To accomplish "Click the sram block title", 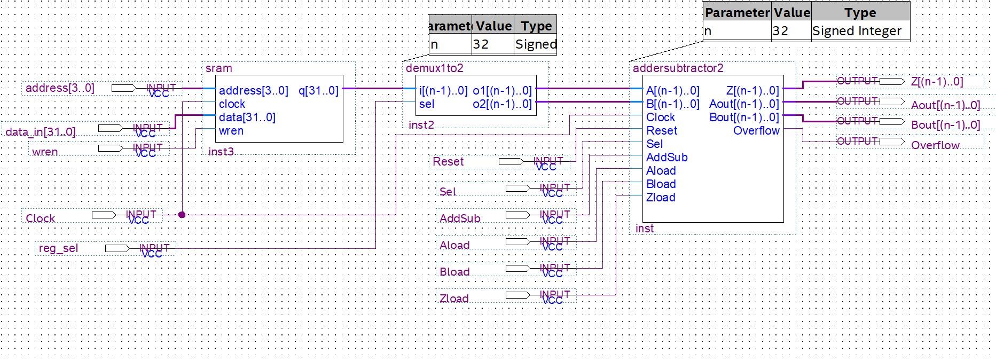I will [219, 68].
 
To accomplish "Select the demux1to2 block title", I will [434, 68].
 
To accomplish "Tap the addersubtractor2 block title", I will [678, 68].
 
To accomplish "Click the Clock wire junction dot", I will [182, 215].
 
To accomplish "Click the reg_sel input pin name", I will [58, 248].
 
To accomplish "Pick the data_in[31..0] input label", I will [41, 132].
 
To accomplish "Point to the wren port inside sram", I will [231, 131].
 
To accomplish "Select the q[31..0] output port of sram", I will [318, 91].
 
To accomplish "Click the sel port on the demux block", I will [427, 104].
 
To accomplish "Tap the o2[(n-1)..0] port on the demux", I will [502, 104].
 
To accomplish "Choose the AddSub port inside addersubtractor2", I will [666, 158].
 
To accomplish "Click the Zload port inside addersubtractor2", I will [661, 198].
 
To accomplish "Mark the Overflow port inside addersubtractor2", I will [756, 131].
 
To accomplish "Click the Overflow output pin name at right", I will [935, 145].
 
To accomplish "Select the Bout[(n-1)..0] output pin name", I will [945, 125].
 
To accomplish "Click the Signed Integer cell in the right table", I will [857, 31].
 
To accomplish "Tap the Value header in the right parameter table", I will [791, 12].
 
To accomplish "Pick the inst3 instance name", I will [221, 152].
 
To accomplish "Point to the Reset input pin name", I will [448, 162].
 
